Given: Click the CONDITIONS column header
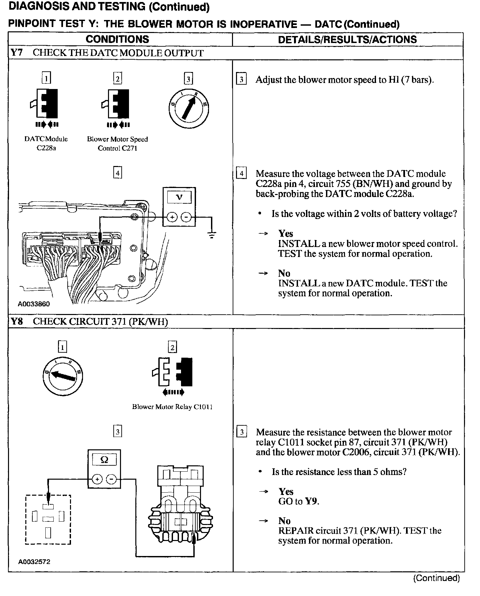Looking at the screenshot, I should (117, 39).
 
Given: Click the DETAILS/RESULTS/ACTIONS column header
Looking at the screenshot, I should (347, 40).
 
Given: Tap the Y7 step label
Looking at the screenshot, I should (17, 53).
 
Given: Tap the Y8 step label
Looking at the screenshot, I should (17, 321).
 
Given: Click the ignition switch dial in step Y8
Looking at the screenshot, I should (63, 376).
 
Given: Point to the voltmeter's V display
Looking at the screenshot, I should (179, 197).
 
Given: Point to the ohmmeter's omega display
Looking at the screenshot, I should (104, 460).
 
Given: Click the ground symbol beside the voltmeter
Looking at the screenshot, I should (212, 235).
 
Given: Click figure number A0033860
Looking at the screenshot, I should (34, 304).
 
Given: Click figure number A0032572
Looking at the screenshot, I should (34, 562).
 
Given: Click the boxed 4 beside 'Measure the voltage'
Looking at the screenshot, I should (241, 174).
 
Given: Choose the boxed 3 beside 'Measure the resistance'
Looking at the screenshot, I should (241, 432).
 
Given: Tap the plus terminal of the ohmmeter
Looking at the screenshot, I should (97, 480).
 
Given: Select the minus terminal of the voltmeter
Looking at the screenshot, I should (186, 217).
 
